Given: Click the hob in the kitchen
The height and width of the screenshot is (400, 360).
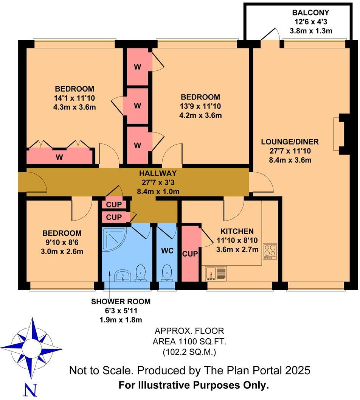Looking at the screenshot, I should (270, 251).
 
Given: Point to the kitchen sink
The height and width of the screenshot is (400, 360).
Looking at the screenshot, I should (216, 274).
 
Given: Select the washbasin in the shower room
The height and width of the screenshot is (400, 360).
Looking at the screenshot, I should (122, 275).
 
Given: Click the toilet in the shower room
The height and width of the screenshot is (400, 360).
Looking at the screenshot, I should (141, 273).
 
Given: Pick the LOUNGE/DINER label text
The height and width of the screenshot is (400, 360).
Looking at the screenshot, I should (290, 142).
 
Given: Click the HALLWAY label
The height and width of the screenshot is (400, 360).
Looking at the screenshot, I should (158, 174).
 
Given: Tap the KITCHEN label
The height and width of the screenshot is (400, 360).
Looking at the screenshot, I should (237, 231).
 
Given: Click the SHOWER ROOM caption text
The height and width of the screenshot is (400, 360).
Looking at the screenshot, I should (121, 302).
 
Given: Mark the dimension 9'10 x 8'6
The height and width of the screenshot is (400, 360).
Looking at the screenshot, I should (62, 242).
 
